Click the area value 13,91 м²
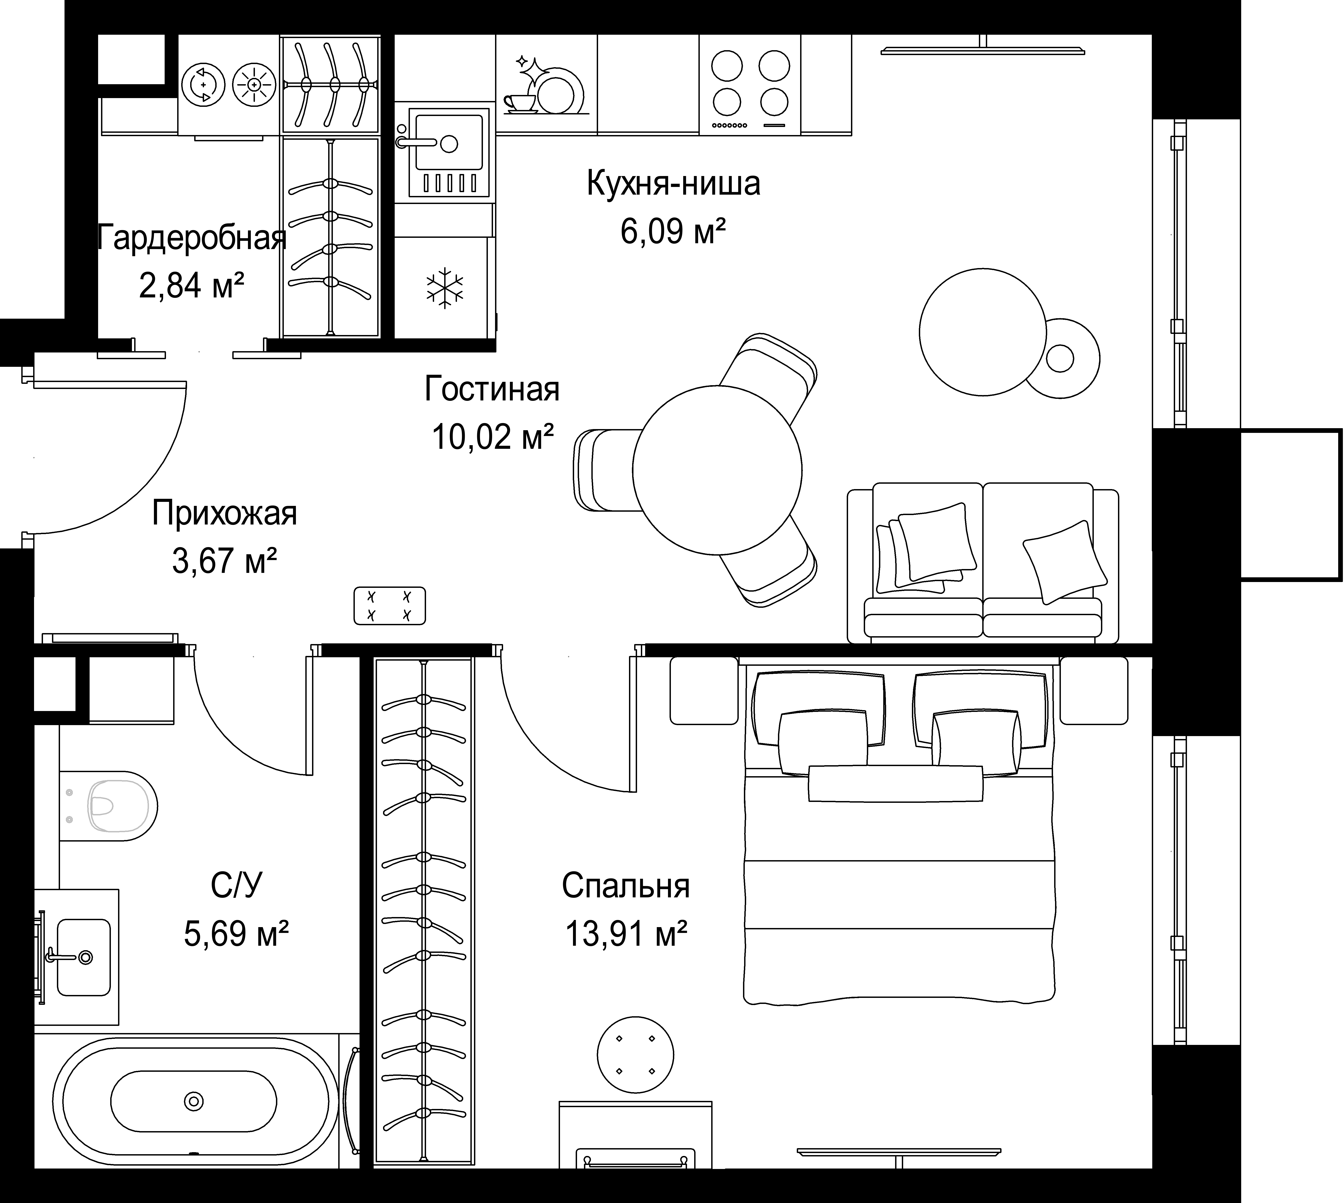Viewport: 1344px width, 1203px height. point(625,933)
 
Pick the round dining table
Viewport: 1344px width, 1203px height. point(717,470)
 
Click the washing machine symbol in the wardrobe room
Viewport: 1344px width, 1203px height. point(203,85)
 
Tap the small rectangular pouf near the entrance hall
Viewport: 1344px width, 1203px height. point(389,606)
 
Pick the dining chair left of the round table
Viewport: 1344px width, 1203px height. point(605,470)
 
